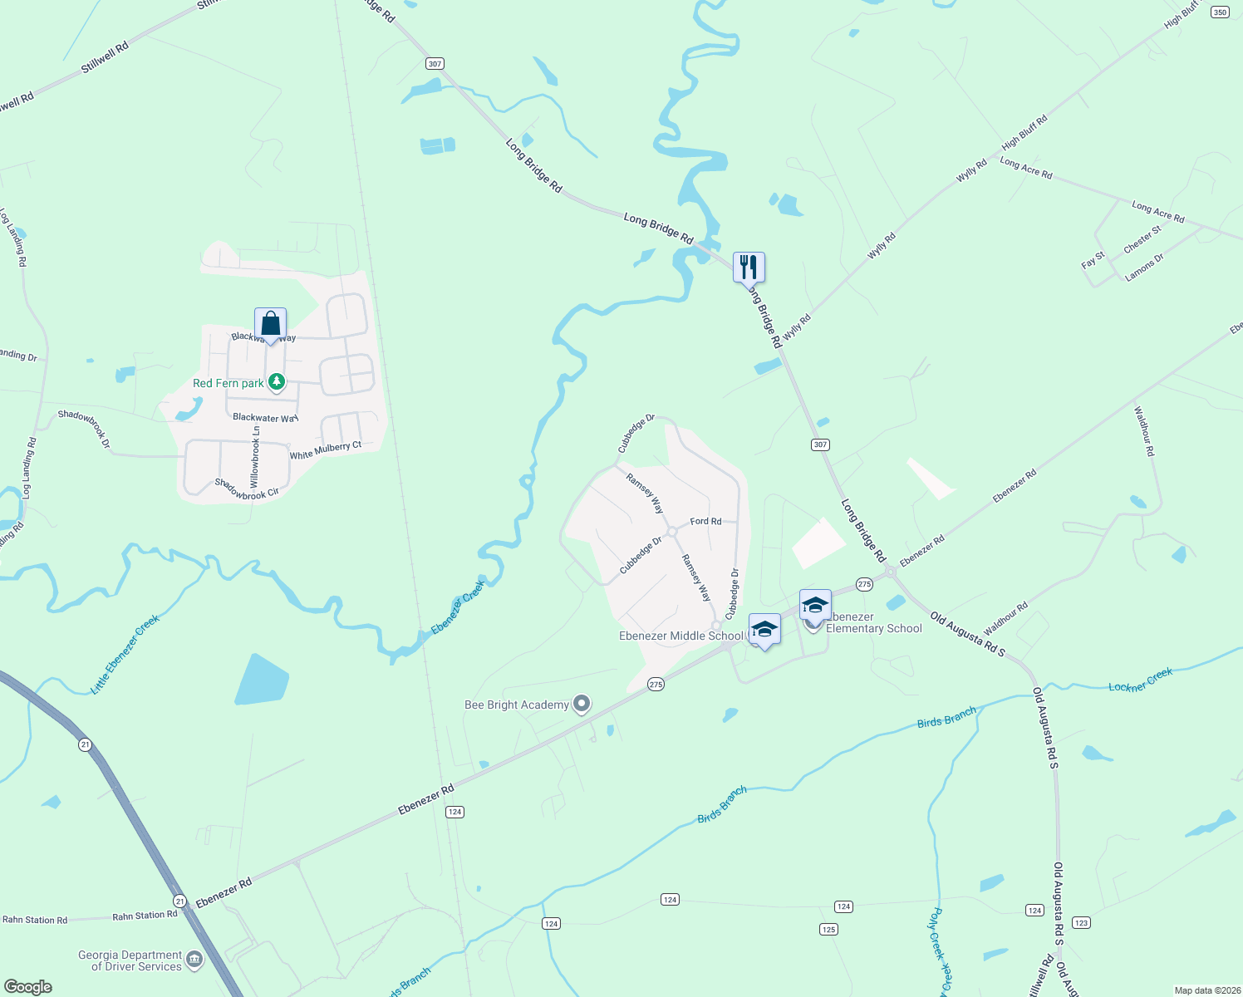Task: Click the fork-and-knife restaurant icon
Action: (749, 268)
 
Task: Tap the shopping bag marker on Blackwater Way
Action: (270, 323)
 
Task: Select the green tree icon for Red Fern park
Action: (277, 383)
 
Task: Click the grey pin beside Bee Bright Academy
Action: (582, 705)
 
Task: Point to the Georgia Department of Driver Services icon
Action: (194, 960)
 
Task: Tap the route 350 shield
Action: (1220, 12)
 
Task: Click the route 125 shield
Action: (828, 929)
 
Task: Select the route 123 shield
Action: (1081, 922)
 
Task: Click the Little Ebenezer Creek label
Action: (125, 655)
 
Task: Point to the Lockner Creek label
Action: (1140, 680)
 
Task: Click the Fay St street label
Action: (1093, 260)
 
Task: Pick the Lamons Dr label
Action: (1144, 268)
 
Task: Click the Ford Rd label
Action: (705, 521)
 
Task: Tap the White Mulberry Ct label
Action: (325, 450)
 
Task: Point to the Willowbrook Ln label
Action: (255, 457)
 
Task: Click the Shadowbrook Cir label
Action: (247, 489)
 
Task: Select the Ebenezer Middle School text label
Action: (681, 636)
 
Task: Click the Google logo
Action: (28, 986)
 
